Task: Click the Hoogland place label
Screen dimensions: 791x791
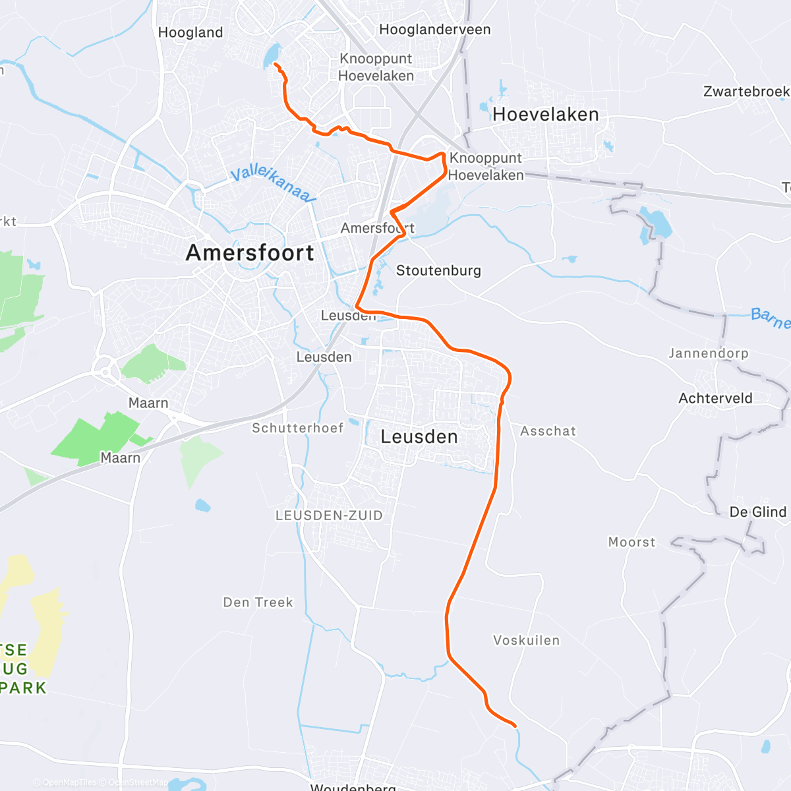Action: pos(190,32)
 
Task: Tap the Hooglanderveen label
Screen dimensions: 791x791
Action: pos(435,30)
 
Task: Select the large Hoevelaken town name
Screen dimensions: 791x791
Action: pos(546,115)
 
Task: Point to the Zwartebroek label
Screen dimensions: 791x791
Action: pos(746,91)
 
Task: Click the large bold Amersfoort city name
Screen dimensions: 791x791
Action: pos(250,252)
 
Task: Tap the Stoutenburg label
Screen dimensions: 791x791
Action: pos(438,270)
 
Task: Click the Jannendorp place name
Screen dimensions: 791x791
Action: pos(709,353)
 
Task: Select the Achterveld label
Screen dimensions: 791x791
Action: pos(715,398)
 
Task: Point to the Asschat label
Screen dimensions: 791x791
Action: pos(548,431)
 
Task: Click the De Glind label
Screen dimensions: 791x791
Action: pos(758,512)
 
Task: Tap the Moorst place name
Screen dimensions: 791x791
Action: pos(631,542)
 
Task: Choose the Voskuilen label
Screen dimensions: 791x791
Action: pos(526,640)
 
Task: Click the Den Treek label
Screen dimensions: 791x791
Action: pos(258,602)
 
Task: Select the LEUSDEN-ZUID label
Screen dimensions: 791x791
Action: pos(329,515)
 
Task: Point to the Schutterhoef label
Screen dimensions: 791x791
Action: pos(298,428)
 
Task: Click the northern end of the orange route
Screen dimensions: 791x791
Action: pos(275,64)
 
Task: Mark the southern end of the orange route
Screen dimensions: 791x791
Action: pos(514,726)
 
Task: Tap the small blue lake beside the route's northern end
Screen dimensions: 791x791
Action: pos(271,55)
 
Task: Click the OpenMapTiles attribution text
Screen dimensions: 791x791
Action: pos(69,783)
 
